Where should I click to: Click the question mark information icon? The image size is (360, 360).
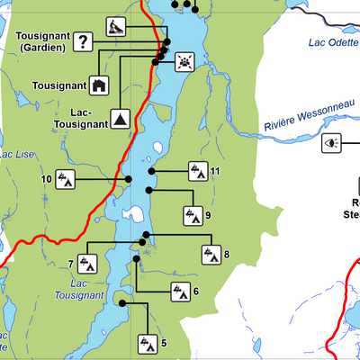coord(83,40)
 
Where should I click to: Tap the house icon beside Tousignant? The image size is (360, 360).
coord(99,85)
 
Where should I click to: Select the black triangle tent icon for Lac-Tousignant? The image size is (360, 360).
coord(119,119)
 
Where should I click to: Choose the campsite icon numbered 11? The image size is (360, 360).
coord(197,170)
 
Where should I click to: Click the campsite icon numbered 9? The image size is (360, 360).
coord(193,215)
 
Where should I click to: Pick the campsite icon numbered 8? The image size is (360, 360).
coord(211,255)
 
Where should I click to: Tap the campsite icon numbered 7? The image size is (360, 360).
coord(87,264)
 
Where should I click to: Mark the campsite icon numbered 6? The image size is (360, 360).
coord(179,291)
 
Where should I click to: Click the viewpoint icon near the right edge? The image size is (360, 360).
coord(332,143)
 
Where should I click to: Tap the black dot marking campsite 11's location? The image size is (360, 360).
coord(152,170)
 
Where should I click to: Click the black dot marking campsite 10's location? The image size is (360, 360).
coord(128,179)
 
